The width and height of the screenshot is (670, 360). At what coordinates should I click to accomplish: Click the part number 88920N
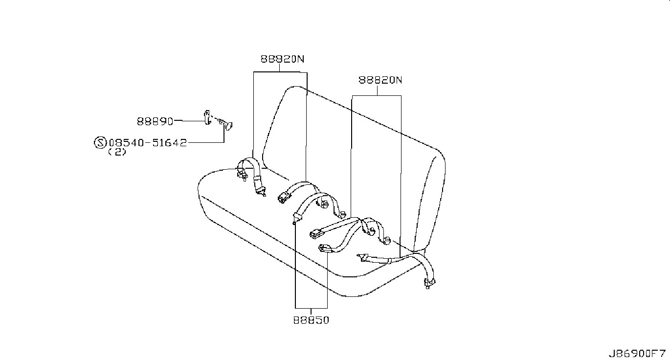(282, 59)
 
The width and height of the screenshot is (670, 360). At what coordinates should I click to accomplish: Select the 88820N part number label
(380, 80)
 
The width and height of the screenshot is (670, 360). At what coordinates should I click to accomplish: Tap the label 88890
(155, 120)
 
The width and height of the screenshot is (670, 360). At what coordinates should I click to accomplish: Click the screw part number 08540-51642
(148, 143)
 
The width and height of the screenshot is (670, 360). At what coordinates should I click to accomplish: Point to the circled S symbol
(99, 143)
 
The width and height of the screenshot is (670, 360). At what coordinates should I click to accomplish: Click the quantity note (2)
(117, 152)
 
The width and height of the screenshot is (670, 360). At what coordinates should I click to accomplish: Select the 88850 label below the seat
(312, 320)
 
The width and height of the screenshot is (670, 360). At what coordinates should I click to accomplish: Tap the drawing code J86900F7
(637, 353)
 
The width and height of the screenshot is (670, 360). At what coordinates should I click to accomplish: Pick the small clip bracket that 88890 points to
(207, 117)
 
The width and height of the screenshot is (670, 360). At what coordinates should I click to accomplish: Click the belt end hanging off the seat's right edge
(429, 282)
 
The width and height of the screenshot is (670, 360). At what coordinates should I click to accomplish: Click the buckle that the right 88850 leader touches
(324, 248)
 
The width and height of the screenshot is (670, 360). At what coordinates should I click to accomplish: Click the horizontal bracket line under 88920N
(280, 72)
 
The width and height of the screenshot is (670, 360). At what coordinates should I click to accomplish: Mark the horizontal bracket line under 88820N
(377, 95)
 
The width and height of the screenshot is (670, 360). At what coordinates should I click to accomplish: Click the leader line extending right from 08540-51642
(205, 143)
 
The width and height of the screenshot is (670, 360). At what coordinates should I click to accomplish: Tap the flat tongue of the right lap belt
(363, 256)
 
